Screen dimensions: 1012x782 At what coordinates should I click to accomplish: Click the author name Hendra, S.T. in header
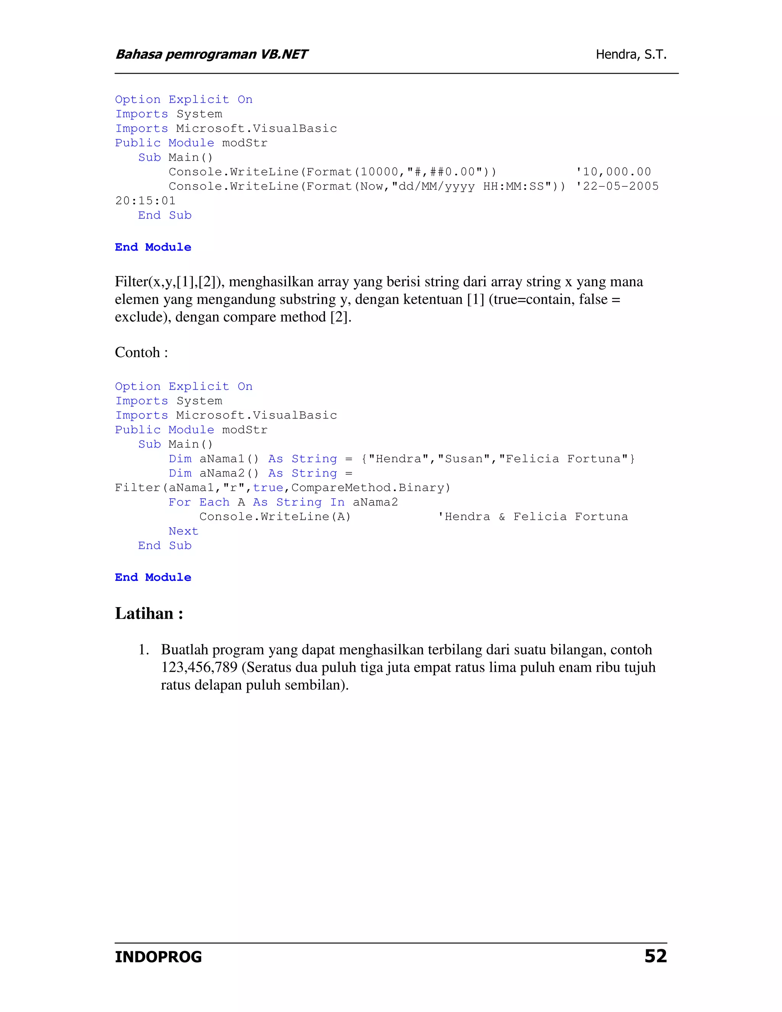point(631,55)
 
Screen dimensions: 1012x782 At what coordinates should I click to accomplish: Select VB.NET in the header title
point(284,55)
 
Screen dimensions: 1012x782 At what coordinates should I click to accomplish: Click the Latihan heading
point(149,614)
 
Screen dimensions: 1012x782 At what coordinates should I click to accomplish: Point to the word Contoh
point(137,352)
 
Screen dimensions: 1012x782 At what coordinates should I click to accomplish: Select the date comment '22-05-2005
point(617,186)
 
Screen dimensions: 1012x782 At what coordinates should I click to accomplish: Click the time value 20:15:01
point(145,200)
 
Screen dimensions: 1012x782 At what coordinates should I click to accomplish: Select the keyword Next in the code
point(183,531)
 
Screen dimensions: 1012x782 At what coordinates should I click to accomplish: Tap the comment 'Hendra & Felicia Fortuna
point(533,517)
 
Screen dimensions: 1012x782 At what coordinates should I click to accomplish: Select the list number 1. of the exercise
point(144,650)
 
